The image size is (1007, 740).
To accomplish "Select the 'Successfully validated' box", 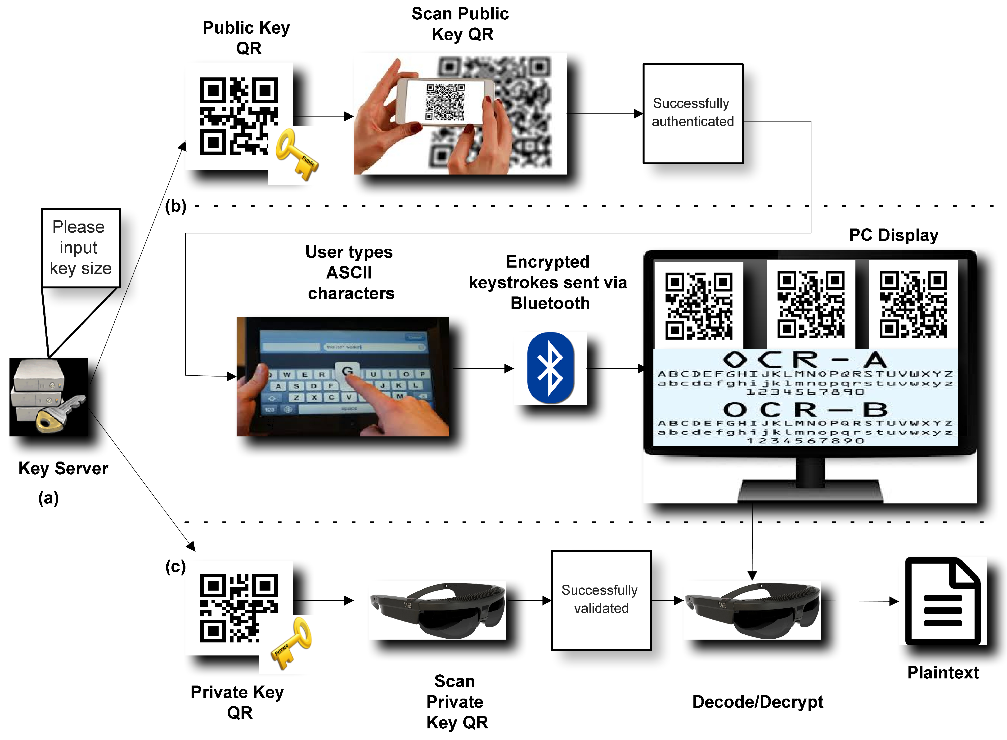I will pos(601,600).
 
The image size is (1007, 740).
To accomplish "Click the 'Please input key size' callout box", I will pos(81,248).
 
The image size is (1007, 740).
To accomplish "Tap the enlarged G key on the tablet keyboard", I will pos(347,371).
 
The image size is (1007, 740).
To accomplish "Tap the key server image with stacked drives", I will pos(48,397).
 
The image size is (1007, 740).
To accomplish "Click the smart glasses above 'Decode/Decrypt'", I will pos(753,610).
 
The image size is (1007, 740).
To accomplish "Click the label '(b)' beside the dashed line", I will pos(175,206).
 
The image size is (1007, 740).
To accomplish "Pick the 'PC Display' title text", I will pos(893,235).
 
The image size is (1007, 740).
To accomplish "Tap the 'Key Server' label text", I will pos(63,468).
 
